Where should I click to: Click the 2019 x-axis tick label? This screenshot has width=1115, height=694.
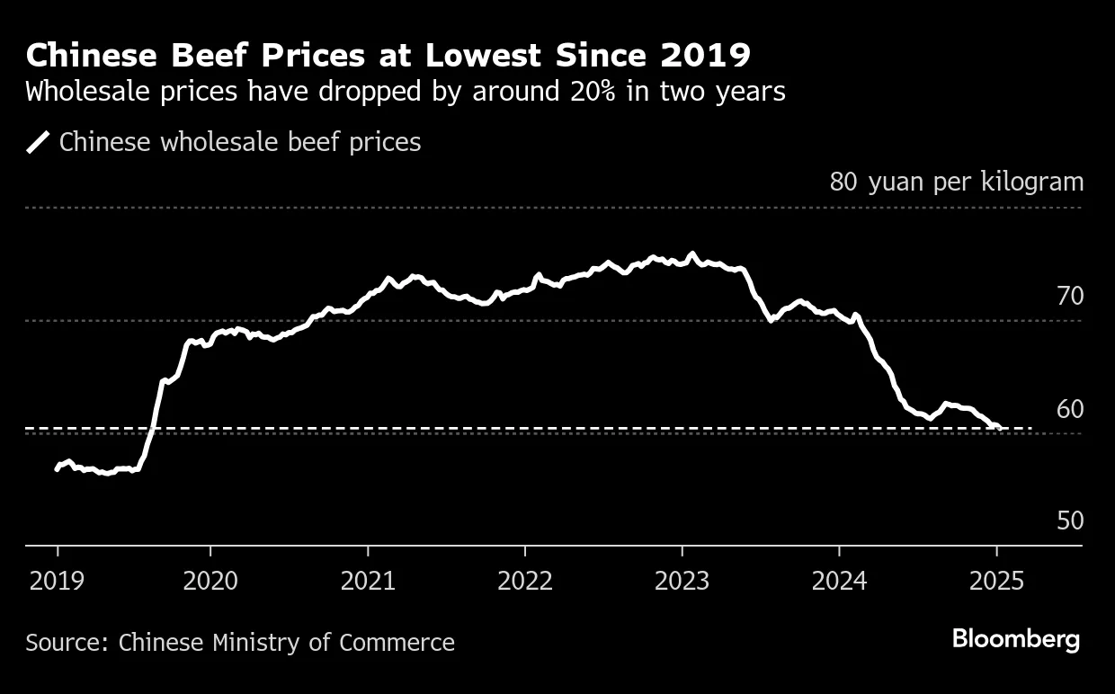coord(58,582)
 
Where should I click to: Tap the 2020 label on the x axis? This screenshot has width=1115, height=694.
coord(210,582)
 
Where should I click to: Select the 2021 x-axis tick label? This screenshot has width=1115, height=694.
coord(368,582)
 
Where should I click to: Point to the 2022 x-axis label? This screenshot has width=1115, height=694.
coord(524,582)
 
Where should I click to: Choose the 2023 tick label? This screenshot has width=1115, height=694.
coord(682,582)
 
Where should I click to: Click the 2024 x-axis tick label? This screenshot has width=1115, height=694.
coord(839,582)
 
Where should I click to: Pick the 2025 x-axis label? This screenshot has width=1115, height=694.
coord(996,582)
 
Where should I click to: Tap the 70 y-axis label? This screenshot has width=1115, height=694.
coord(1070,296)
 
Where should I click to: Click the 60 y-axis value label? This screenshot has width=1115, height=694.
coord(1070,409)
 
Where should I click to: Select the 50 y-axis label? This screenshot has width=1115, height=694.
coord(1070,521)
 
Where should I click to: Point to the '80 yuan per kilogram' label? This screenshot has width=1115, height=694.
coord(957,182)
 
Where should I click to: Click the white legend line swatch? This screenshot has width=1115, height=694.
coord(39,142)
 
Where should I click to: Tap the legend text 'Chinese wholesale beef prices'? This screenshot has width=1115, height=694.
coord(240,142)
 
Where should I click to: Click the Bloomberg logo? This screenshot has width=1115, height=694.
coord(1016,640)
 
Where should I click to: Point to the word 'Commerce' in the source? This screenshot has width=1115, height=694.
coord(397,643)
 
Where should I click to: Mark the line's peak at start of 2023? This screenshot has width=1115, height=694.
coord(691,254)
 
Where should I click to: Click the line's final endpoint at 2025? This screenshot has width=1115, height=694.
coord(999,428)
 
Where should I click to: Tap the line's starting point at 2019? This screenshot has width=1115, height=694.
coord(57,468)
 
